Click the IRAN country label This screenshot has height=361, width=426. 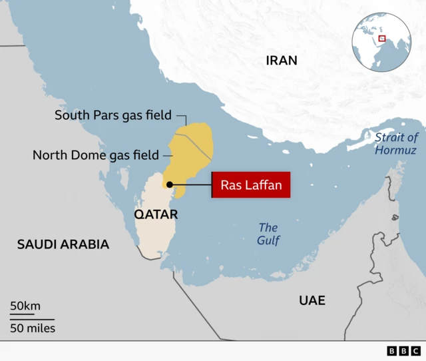[282, 61]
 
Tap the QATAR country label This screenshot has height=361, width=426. [156, 214]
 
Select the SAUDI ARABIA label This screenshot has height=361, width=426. [63, 244]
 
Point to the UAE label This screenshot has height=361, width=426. [312, 300]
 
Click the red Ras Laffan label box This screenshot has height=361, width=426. [252, 185]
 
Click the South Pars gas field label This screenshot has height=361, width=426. [113, 115]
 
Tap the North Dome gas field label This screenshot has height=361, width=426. [96, 155]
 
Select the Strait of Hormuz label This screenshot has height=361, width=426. [395, 144]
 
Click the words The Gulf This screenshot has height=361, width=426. [269, 234]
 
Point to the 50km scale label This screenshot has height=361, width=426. [25, 306]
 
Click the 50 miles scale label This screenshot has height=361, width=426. [33, 328]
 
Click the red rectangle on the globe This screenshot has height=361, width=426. [382, 38]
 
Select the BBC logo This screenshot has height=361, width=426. [403, 351]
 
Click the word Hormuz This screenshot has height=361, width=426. [395, 151]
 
